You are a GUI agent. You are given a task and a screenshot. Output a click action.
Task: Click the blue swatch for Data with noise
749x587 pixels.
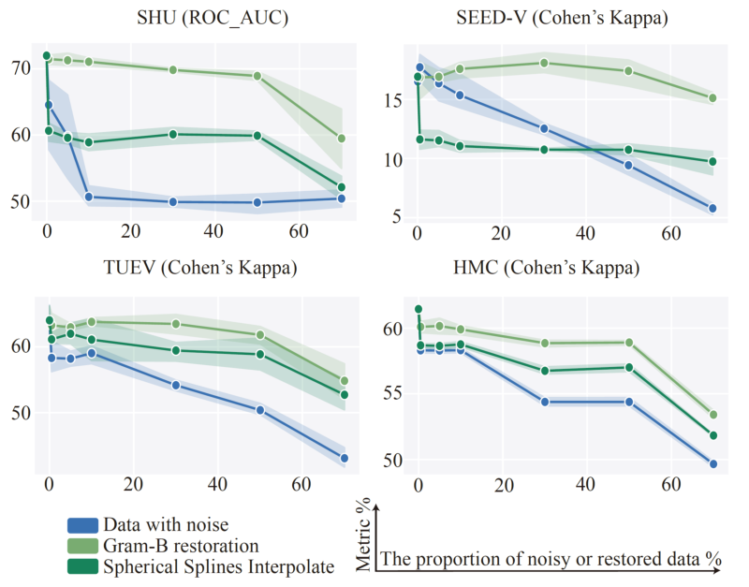click(83, 524)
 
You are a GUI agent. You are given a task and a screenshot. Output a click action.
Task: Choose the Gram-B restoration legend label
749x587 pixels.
click(181, 545)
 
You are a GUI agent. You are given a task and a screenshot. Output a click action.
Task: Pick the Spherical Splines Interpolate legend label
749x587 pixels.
click(218, 565)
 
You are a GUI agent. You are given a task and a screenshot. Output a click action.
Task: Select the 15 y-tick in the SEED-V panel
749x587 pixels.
click(393, 100)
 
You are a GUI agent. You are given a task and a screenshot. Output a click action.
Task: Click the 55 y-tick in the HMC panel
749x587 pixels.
click(393, 394)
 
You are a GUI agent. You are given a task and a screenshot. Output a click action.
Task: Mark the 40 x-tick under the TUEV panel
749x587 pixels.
click(217, 485)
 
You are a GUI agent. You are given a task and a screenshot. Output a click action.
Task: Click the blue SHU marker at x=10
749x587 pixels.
click(89, 198)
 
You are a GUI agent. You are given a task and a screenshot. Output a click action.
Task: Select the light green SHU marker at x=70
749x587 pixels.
click(342, 139)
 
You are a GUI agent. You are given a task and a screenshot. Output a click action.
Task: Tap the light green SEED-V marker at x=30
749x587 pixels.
click(544, 64)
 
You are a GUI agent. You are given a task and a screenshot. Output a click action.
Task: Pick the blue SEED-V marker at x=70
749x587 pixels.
click(712, 209)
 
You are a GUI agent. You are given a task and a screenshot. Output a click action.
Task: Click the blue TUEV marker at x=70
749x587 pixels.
click(345, 458)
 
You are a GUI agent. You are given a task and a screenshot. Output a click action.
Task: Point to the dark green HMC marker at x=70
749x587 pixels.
click(713, 435)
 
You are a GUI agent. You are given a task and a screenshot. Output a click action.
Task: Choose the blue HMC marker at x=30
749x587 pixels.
click(544, 402)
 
